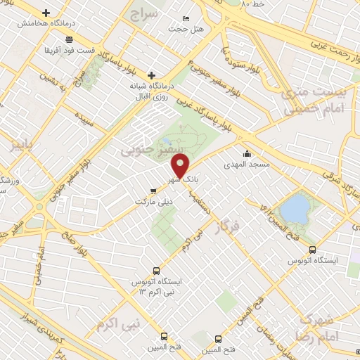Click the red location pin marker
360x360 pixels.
pyautogui.click(x=181, y=167)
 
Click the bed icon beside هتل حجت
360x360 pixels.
pyautogui.click(x=185, y=18)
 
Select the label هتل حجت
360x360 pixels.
pyautogui.click(x=184, y=30)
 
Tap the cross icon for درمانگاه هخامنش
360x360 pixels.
pyautogui.click(x=46, y=13)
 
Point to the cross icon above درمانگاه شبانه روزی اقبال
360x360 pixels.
pyautogui.click(x=151, y=75)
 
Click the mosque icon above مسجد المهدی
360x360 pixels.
pyautogui.click(x=247, y=154)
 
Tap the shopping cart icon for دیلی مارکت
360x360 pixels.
pyautogui.click(x=154, y=191)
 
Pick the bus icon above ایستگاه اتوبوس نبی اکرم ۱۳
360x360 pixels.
pyautogui.click(x=156, y=270)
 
